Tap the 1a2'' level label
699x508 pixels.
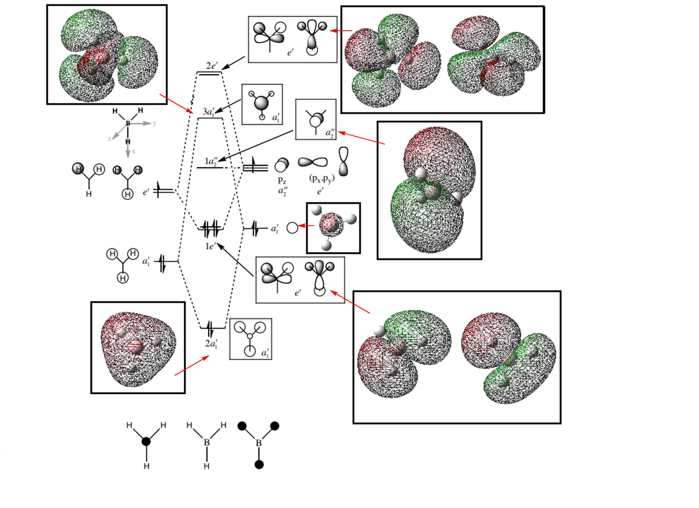pos(211,161)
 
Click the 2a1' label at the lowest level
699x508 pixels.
pos(211,344)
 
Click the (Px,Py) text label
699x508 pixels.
pos(322,179)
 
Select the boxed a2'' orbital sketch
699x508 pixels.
pos(316,119)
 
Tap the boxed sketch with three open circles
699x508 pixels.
pos(250,339)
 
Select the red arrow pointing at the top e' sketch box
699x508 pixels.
pos(340,31)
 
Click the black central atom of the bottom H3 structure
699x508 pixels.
pos(146,442)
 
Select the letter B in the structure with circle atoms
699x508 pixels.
pos(259,443)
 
